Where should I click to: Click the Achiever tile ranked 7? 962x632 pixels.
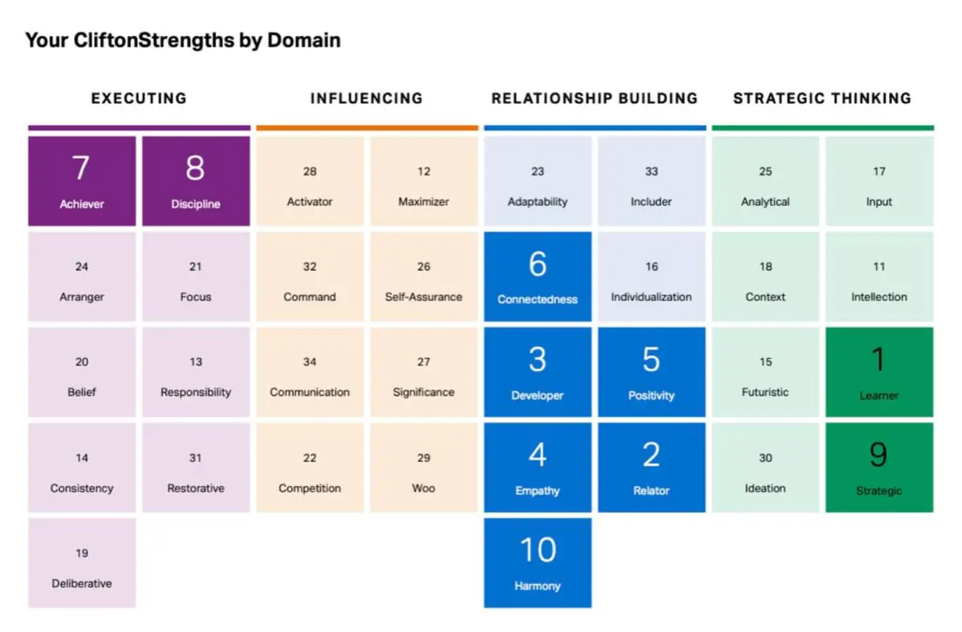[x=82, y=180]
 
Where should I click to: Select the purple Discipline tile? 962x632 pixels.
[x=196, y=180]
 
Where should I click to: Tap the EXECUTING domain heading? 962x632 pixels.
[x=139, y=98]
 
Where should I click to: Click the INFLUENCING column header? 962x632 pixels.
[x=367, y=98]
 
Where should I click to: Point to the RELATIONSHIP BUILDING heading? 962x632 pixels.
[x=595, y=98]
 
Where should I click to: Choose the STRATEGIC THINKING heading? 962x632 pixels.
[x=822, y=98]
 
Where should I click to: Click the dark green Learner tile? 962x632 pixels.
[x=879, y=372]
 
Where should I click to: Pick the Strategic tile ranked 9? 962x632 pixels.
[x=879, y=467]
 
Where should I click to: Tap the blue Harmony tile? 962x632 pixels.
[x=538, y=563]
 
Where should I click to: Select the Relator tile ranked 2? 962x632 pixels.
[x=651, y=467]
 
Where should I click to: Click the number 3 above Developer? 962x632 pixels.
[x=538, y=359]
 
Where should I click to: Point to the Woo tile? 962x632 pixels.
[x=424, y=467]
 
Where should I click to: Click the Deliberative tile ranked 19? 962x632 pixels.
[x=82, y=563]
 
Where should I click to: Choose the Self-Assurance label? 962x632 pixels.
[x=424, y=297]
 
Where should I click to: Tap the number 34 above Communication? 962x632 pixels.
[x=310, y=362]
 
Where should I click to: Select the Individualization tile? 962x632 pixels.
[x=651, y=277]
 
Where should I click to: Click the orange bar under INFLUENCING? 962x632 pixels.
[x=367, y=128]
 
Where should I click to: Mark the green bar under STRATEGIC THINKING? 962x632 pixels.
[x=822, y=128]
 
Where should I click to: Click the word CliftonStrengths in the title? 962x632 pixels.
[x=154, y=40]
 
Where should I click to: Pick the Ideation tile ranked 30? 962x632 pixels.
[x=765, y=467]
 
